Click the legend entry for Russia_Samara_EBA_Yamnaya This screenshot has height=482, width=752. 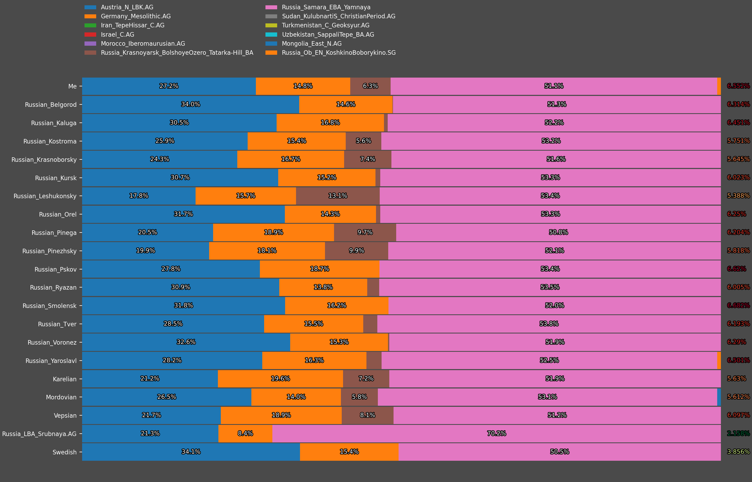pyautogui.click(x=326, y=7)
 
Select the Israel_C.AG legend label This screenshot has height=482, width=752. pyautogui.click(x=117, y=35)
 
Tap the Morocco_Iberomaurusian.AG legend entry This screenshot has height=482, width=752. pyautogui.click(x=143, y=44)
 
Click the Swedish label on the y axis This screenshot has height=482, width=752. pyautogui.click(x=65, y=452)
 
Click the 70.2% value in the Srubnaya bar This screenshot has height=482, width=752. pyautogui.click(x=496, y=433)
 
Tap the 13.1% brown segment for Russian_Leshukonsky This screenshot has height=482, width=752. pyautogui.click(x=338, y=196)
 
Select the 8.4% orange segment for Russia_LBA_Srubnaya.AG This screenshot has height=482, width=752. pyautogui.click(x=245, y=433)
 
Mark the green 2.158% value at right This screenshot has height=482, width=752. pyautogui.click(x=738, y=433)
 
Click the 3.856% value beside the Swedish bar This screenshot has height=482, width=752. pyautogui.click(x=738, y=452)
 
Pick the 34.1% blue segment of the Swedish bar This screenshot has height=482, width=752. pyautogui.click(x=191, y=452)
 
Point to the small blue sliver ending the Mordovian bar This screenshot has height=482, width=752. pyautogui.click(x=719, y=397)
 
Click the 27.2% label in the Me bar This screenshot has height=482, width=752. pyautogui.click(x=169, y=86)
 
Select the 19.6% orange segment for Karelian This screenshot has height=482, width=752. pyautogui.click(x=280, y=379)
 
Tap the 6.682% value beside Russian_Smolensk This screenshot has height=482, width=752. pyautogui.click(x=738, y=306)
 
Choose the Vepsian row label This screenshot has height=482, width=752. pyautogui.click(x=65, y=416)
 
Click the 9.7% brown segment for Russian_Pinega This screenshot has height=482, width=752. pyautogui.click(x=365, y=232)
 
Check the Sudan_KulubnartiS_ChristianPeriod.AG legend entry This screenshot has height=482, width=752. pyautogui.click(x=338, y=16)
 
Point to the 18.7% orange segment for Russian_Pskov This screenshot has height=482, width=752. pyautogui.click(x=319, y=269)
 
